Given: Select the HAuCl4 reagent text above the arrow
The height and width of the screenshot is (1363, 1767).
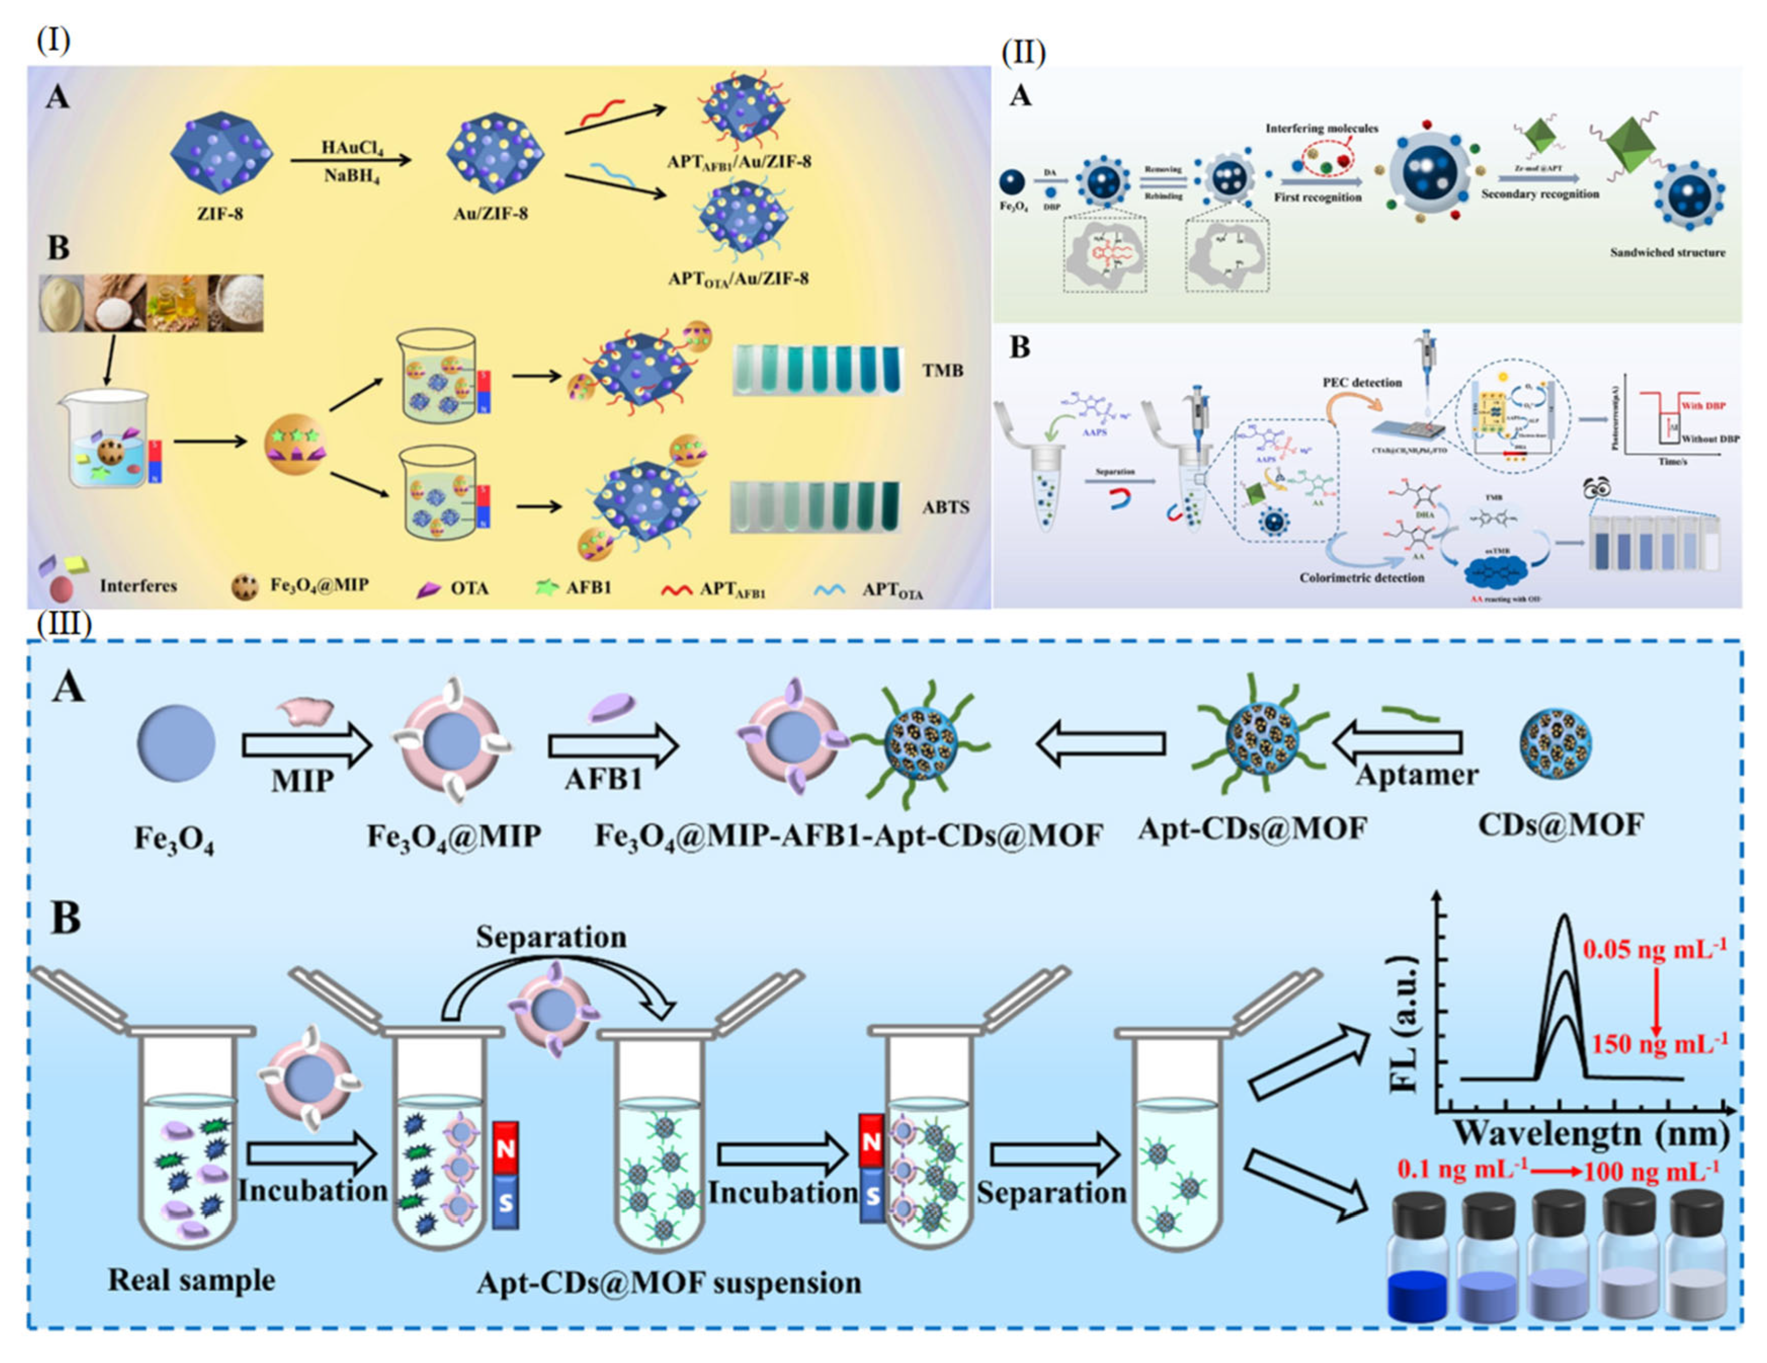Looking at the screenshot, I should coord(352,147).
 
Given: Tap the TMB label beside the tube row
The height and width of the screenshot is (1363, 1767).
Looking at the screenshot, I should coord(943,371).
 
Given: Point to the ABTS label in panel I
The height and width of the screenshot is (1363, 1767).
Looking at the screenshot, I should coord(945,508).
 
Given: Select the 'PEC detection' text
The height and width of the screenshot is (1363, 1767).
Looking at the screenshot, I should coord(1362,382).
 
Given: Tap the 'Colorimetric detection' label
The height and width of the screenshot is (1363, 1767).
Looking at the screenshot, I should coord(1362,578).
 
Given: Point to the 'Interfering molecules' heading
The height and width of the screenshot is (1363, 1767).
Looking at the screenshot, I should coord(1321,128).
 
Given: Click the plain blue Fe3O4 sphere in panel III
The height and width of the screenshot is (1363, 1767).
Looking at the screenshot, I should coord(176,742).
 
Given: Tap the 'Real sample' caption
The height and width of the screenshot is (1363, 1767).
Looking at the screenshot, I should coord(192,1280).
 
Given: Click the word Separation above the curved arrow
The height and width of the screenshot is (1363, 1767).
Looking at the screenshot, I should coord(551,937).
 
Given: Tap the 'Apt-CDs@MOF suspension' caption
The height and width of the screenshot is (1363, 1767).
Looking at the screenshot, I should coord(668,1283).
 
